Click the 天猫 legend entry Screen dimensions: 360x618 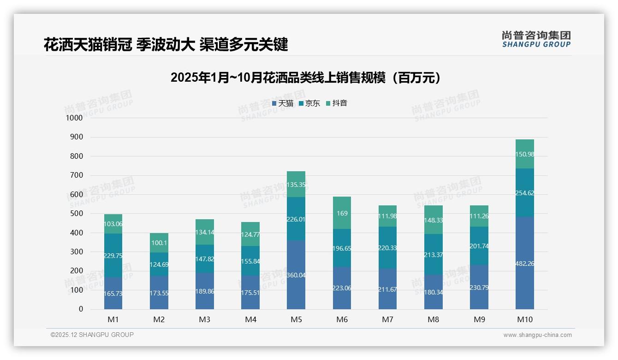click(x=283, y=103)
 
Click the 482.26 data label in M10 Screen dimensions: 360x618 click(x=525, y=264)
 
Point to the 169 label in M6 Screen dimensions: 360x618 click(x=342, y=213)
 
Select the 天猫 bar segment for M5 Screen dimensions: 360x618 click(x=296, y=275)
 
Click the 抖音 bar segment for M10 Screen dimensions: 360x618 click(x=525, y=154)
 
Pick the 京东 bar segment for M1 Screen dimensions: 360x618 click(x=113, y=255)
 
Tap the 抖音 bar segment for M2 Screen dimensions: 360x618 click(x=159, y=243)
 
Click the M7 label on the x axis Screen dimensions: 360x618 click(x=387, y=319)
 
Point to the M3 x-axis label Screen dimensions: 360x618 click(x=205, y=319)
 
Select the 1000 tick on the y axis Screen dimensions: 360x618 click(x=74, y=118)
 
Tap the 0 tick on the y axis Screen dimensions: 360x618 click(x=81, y=309)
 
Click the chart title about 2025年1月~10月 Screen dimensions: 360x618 click(x=305, y=78)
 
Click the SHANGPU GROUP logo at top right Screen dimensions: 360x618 click(x=536, y=39)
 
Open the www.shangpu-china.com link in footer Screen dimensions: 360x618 click(x=537, y=335)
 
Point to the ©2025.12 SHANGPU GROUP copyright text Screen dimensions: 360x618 click(x=92, y=335)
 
